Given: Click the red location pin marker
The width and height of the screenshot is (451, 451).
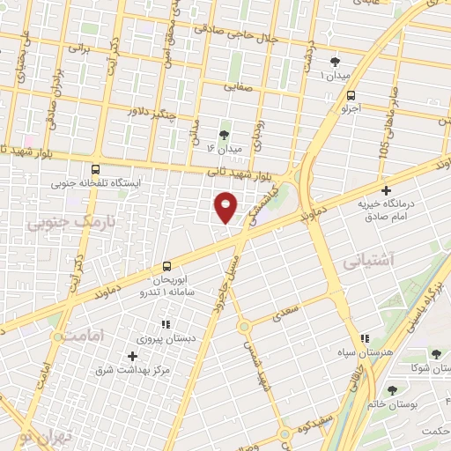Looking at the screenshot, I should [x=226, y=207].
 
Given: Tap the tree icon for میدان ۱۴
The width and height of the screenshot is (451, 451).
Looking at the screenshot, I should [x=225, y=136].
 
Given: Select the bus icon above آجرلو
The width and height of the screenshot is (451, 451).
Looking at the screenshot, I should [x=352, y=95].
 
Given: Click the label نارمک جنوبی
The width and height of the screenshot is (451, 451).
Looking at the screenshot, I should [x=59, y=225].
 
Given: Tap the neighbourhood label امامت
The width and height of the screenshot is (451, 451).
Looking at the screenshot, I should [x=78, y=336].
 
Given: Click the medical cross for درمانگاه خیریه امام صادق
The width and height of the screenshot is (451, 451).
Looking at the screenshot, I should [x=386, y=190].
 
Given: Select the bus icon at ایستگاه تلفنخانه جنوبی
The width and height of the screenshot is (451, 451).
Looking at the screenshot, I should [x=95, y=170].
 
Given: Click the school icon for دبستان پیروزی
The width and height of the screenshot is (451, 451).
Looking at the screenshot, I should [x=166, y=324].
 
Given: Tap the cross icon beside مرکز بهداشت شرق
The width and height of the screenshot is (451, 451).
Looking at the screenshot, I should [x=132, y=356].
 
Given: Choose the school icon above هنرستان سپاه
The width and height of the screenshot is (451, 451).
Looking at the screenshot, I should [x=364, y=339].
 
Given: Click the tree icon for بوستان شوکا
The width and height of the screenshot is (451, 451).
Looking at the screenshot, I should [x=436, y=354].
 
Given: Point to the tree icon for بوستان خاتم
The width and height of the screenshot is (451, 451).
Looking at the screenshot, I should [x=392, y=390].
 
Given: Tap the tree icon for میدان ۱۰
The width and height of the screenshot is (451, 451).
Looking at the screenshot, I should [x=335, y=62].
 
